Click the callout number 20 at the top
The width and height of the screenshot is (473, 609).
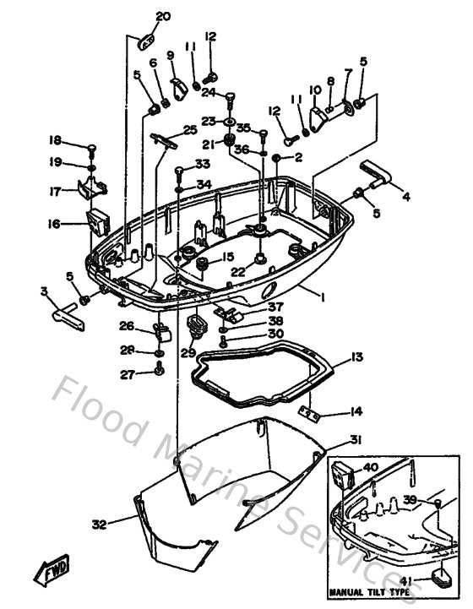point(163,16)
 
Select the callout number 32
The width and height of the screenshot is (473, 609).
point(100,525)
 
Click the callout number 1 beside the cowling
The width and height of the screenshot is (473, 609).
point(322,297)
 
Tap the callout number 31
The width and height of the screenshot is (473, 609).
point(357,438)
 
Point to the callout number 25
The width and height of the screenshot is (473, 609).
point(190,130)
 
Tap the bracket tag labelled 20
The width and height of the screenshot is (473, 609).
point(146,40)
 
